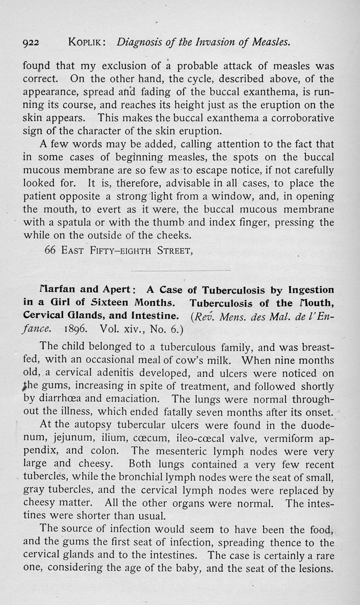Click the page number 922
(31, 43)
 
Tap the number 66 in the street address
(50, 250)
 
